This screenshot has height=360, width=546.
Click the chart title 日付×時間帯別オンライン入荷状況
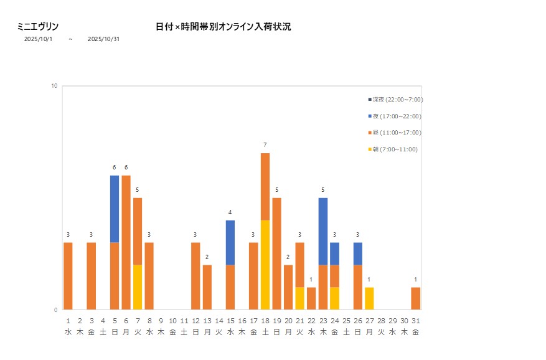(x=224, y=27)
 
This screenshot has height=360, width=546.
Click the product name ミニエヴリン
(x=38, y=27)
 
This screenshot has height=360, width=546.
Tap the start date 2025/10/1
(x=39, y=39)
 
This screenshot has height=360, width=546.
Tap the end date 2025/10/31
(x=103, y=39)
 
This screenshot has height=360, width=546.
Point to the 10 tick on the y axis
(x=54, y=86)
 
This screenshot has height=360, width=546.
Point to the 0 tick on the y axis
(x=55, y=310)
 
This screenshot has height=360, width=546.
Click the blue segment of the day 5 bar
(x=115, y=209)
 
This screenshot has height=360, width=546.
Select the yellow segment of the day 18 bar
(x=265, y=265)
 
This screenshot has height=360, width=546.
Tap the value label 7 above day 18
(x=265, y=145)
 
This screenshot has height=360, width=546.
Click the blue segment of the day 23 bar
(x=323, y=231)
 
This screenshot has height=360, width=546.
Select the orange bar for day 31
(x=416, y=298)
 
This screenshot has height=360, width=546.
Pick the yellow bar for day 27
(x=369, y=298)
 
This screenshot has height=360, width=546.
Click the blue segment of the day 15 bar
(x=230, y=242)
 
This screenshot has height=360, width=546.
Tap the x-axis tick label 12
(x=195, y=321)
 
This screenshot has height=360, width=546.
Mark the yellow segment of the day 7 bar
(x=138, y=287)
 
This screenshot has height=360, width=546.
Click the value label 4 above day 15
(x=230, y=212)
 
